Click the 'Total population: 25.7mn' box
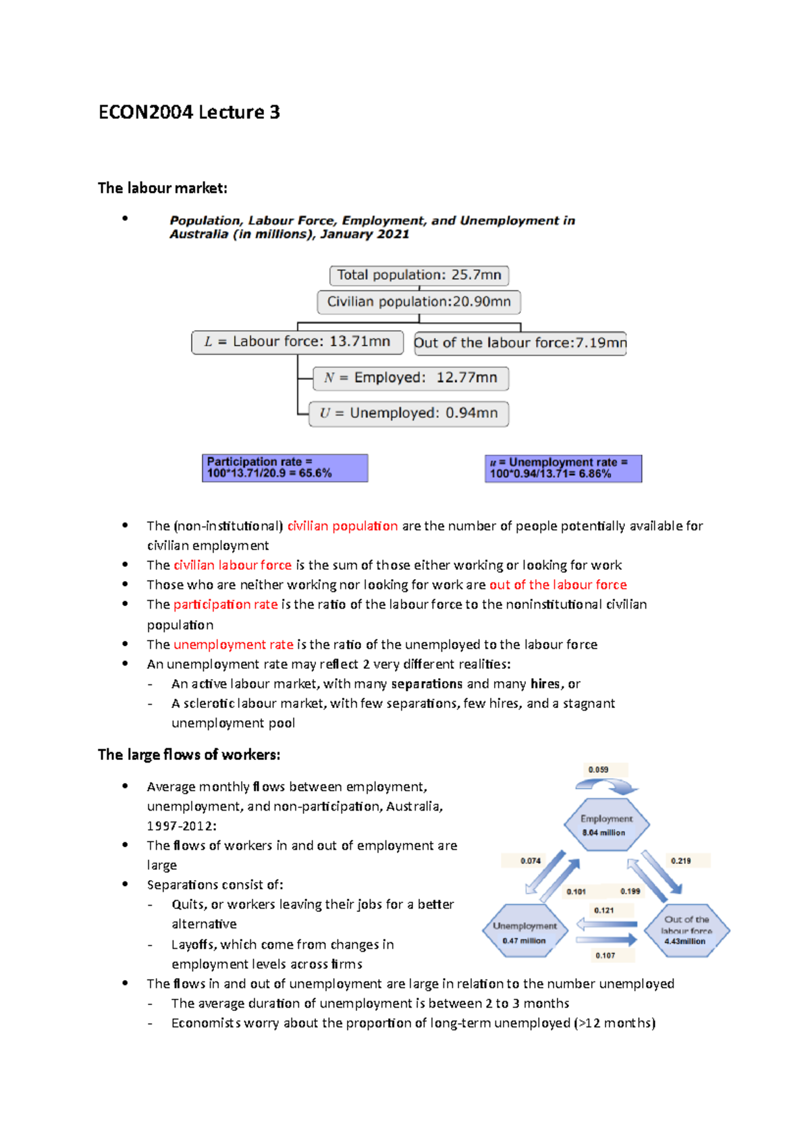coord(419,275)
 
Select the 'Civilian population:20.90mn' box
coord(419,302)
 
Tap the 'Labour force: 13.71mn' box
coord(298,342)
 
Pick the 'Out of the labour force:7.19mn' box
coord(520,343)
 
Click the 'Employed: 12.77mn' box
coord(411,378)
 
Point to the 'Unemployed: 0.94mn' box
coord(409,413)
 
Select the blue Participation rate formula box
coord(285,468)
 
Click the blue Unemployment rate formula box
coord(563,468)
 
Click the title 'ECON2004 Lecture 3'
coord(189,112)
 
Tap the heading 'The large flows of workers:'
coord(189,755)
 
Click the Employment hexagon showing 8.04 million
coord(606,825)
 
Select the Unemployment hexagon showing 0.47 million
coord(524,932)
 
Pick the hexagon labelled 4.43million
coord(686,931)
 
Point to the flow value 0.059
coord(598,769)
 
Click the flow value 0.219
coord(680,861)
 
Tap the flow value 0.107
coord(605,955)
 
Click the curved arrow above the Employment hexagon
coord(606,786)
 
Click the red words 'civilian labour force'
coord(232,565)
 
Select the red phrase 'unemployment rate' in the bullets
coord(233,645)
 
